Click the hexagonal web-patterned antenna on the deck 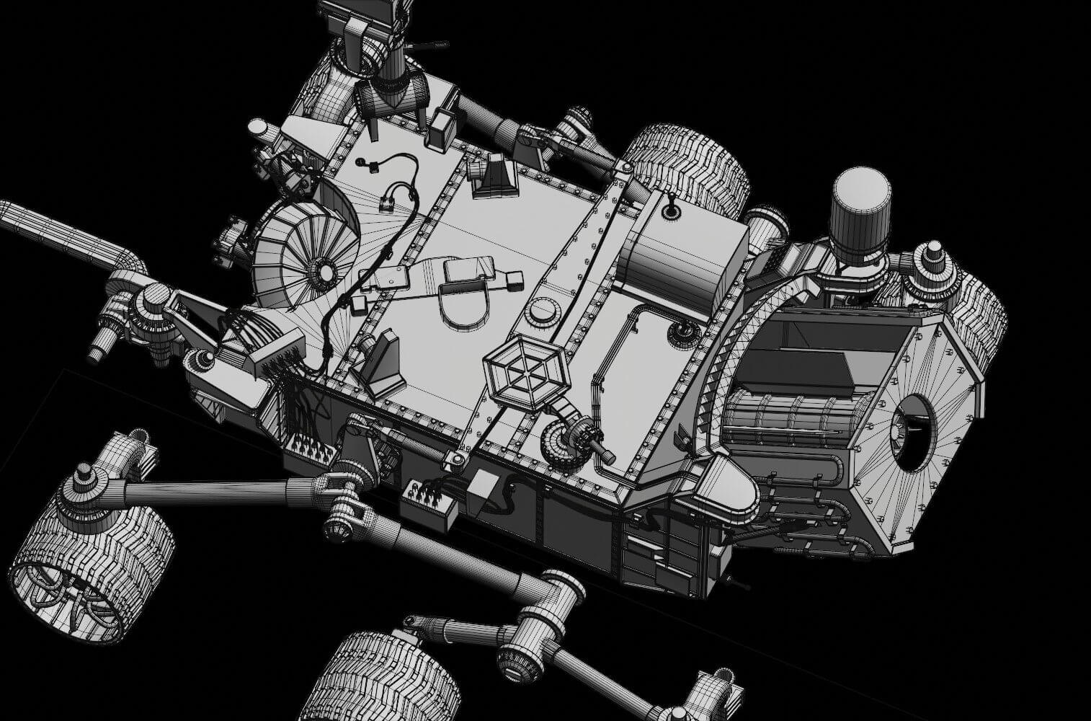point(524,373)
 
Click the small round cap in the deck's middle point(543,312)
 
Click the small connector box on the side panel point(431,502)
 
